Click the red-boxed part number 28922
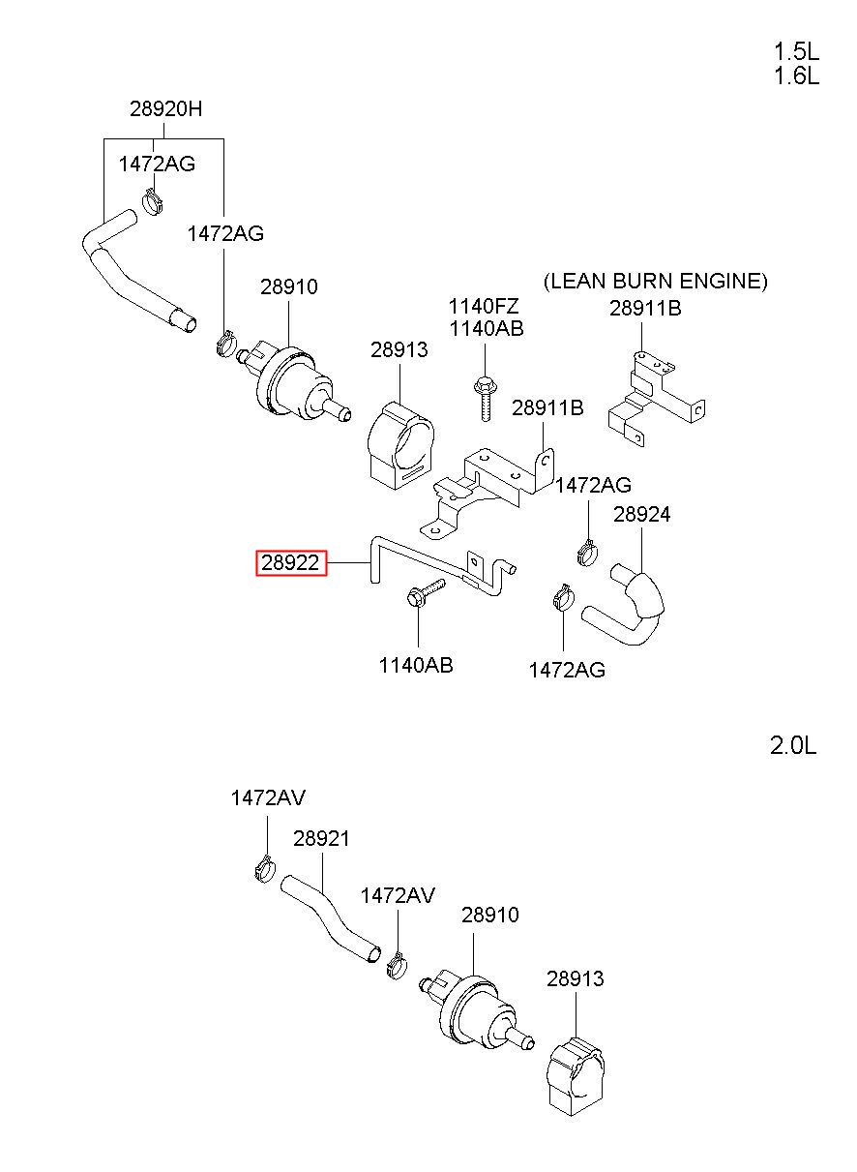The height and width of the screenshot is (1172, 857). click(x=290, y=563)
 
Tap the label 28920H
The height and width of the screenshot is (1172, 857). click(x=165, y=108)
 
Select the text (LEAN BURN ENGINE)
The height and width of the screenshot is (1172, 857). click(x=656, y=282)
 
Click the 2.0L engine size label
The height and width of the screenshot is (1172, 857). click(x=793, y=745)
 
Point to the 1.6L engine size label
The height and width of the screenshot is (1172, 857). click(x=796, y=76)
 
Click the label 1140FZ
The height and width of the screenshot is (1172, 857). click(x=484, y=306)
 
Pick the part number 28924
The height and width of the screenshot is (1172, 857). click(x=641, y=514)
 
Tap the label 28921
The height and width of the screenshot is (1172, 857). click(x=321, y=838)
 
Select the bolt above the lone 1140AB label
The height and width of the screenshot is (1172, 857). click(x=425, y=593)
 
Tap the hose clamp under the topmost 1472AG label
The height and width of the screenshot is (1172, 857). click(x=152, y=201)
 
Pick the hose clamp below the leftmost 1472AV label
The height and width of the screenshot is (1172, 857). click(x=265, y=868)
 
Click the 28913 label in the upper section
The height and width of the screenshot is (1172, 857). click(x=399, y=349)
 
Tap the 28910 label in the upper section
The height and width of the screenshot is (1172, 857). click(x=288, y=286)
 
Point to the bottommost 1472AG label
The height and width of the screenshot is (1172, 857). click(x=567, y=671)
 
